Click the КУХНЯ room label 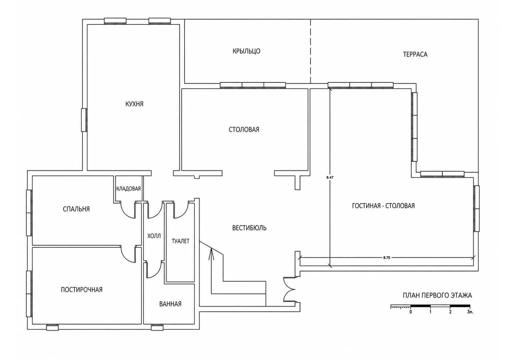tap(134, 104)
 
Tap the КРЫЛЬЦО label tap(246, 51)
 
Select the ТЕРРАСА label tap(415, 54)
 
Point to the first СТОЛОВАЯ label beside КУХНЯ tap(244, 129)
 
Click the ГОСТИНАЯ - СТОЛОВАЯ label tap(383, 206)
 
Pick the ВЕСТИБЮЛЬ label tap(249, 228)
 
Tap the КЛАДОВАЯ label tap(128, 189)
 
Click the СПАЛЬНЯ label tap(76, 209)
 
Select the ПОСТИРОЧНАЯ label tap(82, 290)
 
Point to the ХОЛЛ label tap(154, 236)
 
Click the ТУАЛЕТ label tap(180, 241)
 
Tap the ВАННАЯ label tap(170, 304)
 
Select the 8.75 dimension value tap(387, 258)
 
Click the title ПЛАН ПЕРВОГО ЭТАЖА tap(437, 295)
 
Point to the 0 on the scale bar tap(411, 312)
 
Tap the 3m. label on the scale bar tap(470, 312)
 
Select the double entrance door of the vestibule tap(289, 290)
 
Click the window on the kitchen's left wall tap(84, 120)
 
